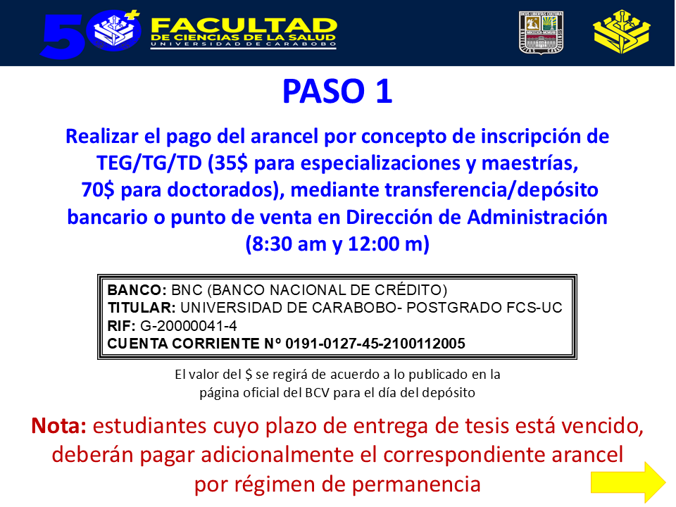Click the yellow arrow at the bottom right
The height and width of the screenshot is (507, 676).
click(x=627, y=482)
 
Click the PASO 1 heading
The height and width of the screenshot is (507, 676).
click(x=337, y=92)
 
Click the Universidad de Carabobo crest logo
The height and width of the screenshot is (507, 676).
click(x=541, y=33)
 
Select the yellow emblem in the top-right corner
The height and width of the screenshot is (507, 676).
click(x=621, y=32)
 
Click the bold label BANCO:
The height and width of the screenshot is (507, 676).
click(x=137, y=290)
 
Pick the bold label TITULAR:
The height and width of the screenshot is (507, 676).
click(x=142, y=308)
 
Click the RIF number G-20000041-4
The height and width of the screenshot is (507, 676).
click(x=189, y=326)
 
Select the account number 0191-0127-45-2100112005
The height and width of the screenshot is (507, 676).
click(x=375, y=344)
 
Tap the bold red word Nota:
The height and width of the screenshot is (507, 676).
click(x=58, y=426)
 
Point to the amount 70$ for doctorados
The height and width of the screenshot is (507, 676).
click(x=98, y=190)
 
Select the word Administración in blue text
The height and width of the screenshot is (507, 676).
click(x=537, y=217)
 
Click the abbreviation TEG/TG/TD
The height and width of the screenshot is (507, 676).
click(x=149, y=163)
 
